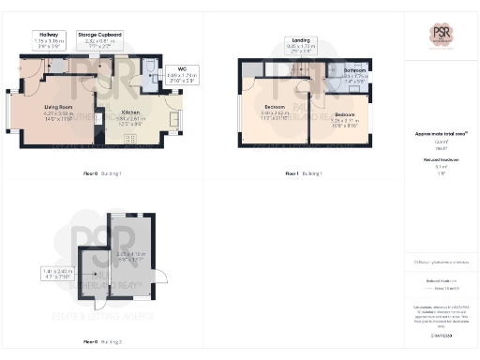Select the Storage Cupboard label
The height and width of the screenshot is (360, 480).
point(99,38)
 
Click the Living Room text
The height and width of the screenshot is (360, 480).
point(58,112)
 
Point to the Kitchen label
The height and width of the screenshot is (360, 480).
point(130,112)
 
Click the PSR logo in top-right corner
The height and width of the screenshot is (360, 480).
point(442,35)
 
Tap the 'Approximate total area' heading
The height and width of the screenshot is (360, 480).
point(441,134)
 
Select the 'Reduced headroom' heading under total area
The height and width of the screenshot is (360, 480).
point(440,160)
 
